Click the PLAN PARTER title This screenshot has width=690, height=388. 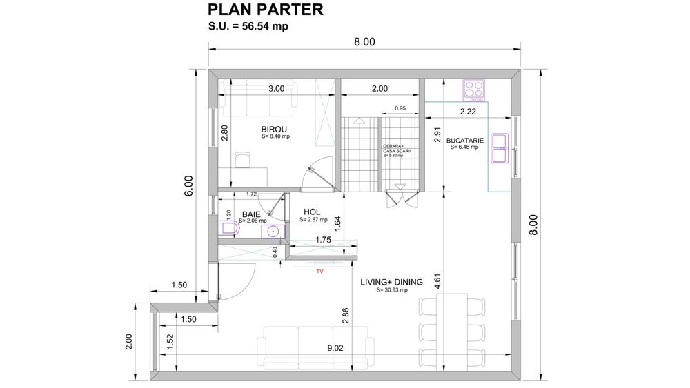[265, 10]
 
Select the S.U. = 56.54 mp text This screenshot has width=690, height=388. [248, 27]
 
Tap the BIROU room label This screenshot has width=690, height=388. [274, 130]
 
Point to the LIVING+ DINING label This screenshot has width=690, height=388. [391, 282]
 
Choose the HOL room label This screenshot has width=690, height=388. [312, 212]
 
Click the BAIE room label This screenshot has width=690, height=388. [250, 214]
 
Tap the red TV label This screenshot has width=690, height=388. [319, 272]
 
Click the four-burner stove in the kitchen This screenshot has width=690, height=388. [474, 90]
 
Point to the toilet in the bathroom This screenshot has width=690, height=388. [228, 229]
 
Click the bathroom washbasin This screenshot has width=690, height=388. [273, 231]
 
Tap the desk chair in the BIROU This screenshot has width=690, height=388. [241, 159]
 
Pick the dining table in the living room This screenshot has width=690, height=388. [453, 330]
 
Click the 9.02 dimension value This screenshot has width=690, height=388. [335, 348]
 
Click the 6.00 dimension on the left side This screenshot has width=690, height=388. [188, 185]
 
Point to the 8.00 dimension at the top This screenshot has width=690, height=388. [364, 42]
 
